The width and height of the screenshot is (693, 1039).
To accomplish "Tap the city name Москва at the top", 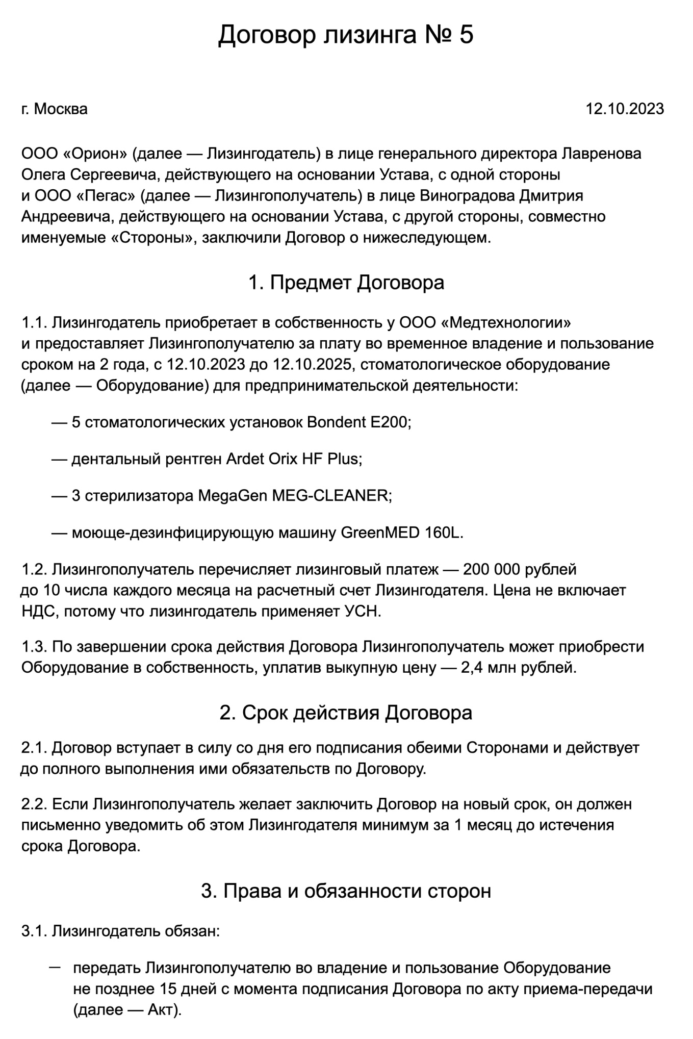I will (61, 109).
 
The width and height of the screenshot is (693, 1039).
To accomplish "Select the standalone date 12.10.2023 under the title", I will (624, 109).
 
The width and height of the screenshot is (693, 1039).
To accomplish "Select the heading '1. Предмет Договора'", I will (346, 283).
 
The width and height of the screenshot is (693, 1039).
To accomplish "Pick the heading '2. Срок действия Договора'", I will (346, 713).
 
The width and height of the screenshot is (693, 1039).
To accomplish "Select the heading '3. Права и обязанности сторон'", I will (346, 891).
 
